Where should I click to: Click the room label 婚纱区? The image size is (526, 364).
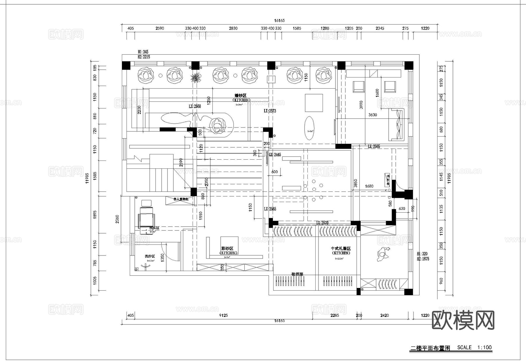coord(240,96)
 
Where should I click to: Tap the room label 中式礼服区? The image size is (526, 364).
coord(340,249)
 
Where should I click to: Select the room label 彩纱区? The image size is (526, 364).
coord(227,249)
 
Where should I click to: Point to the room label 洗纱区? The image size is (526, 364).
coord(150,256)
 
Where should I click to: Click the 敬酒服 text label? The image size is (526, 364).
coord(297,274)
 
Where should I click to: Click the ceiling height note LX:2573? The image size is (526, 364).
coord(270,111)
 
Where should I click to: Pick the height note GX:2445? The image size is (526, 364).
coord(275,154)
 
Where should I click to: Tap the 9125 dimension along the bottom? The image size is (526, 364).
coord(223,315)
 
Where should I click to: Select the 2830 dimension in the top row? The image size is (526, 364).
coord(233,28)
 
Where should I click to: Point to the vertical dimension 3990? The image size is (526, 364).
coord(361,105)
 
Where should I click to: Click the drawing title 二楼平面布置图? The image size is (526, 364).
coord(430,348)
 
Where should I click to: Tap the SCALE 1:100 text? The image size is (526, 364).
coord(474,347)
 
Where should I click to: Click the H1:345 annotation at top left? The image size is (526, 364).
coord(143,52)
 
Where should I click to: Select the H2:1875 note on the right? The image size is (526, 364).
coord(423,259)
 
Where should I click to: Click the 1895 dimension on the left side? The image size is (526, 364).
coord(94,214)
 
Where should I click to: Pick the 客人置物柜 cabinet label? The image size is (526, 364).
coord(181,199)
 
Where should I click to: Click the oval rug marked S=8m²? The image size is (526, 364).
coord(310,129)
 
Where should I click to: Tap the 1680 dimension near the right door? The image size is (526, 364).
coord(369,186)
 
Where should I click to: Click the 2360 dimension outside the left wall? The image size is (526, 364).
coord(117,219)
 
